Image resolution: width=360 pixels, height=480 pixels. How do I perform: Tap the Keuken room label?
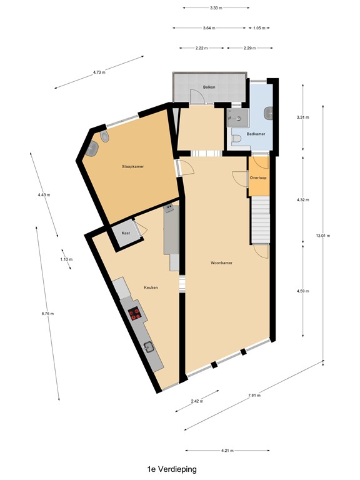(150, 287)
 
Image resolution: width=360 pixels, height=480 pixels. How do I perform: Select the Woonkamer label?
(221, 263)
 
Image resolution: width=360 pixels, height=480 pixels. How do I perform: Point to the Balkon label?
(209, 87)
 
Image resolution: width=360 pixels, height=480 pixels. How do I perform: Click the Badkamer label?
(256, 134)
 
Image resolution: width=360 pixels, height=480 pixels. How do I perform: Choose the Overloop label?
(259, 178)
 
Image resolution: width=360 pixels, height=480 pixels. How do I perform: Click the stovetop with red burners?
(134, 314)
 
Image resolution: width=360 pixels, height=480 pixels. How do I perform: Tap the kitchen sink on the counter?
(149, 347)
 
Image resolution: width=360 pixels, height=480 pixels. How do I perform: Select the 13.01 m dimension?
(322, 236)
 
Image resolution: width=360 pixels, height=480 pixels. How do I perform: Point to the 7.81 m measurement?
(254, 396)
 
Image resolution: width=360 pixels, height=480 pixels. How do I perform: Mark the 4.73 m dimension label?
(99, 72)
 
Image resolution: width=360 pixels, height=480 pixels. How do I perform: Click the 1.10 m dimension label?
(66, 259)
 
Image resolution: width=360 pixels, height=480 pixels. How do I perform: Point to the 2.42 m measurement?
(196, 401)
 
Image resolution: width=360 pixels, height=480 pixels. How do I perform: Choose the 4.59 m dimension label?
(303, 291)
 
